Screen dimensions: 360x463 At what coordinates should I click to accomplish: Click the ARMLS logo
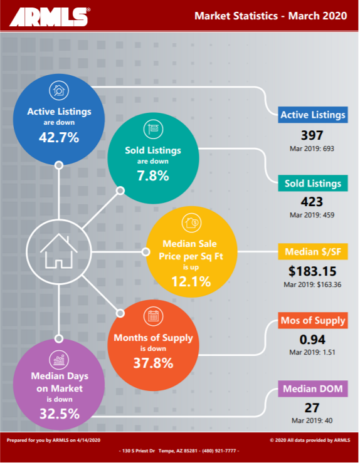click(50, 17)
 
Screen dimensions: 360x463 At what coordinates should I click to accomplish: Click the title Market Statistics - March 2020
click(270, 16)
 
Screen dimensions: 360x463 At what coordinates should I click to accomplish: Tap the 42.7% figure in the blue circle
click(59, 137)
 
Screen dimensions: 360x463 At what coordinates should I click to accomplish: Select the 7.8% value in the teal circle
click(153, 175)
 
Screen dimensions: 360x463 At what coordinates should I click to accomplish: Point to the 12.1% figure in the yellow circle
click(191, 281)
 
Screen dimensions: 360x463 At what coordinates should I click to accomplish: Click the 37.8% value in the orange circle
click(153, 363)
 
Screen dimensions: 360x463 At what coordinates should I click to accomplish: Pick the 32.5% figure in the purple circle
click(60, 414)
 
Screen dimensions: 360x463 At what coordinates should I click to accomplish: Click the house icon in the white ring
click(59, 251)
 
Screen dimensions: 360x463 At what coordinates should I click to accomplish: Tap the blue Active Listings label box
click(313, 115)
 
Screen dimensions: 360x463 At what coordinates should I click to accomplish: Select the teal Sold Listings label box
click(313, 184)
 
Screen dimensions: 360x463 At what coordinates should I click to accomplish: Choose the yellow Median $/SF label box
click(313, 252)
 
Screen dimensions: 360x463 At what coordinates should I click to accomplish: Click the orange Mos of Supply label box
click(313, 320)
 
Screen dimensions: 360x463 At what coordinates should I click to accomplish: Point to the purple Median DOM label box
click(313, 389)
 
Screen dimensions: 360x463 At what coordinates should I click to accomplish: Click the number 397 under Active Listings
click(312, 135)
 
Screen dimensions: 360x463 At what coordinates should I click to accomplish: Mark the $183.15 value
click(312, 271)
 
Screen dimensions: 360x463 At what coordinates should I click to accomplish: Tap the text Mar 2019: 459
click(312, 215)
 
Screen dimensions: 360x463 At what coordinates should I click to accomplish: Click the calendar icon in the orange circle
click(153, 316)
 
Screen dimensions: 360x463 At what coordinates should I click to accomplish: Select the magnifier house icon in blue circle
click(59, 90)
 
